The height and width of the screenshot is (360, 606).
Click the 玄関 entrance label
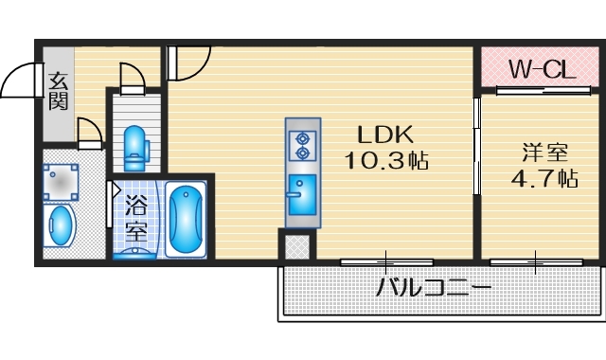click(x=59, y=89)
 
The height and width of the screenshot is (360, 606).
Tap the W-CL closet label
click(x=538, y=68)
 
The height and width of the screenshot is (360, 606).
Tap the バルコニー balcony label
click(x=435, y=286)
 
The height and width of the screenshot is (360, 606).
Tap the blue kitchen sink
click(x=302, y=194)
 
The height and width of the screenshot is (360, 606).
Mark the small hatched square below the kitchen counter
click(x=296, y=246)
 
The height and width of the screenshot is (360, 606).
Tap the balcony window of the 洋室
click(x=535, y=259)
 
